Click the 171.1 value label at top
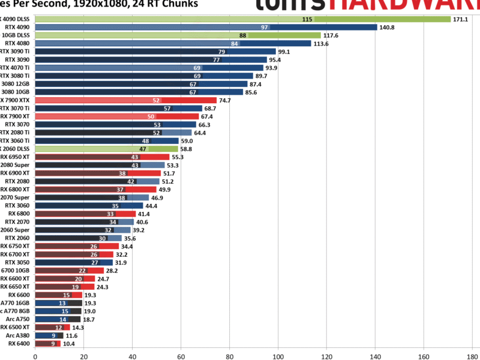click(x=461, y=19)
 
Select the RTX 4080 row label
click(x=19, y=43)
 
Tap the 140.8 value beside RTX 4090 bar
click(x=388, y=27)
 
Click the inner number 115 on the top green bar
click(x=307, y=19)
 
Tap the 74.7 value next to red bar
click(x=225, y=100)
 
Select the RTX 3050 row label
click(x=19, y=262)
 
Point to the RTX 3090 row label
click(x=19, y=60)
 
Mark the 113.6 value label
click(x=321, y=43)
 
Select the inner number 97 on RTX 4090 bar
click(x=265, y=27)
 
